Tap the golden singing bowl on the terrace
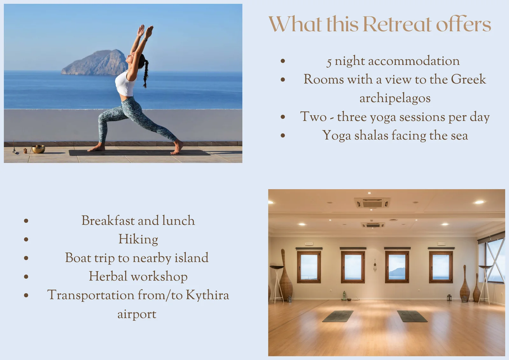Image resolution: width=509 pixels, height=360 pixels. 38,149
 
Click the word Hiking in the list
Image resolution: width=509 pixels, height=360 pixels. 138,239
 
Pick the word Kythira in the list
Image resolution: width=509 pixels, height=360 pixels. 207,295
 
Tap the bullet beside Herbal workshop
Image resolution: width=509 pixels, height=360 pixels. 26,277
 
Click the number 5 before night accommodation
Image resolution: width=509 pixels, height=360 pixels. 329,62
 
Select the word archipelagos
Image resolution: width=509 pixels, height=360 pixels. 395,98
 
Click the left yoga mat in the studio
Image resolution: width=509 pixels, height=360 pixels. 338,316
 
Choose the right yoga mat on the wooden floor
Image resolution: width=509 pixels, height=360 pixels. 412,316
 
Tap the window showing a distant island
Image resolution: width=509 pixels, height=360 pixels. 397,267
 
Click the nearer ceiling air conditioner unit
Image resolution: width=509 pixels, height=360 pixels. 372,202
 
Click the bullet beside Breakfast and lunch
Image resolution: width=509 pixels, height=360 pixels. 26,221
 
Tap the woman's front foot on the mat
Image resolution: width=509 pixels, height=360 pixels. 96,149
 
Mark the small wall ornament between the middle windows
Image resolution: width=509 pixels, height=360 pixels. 375,265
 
